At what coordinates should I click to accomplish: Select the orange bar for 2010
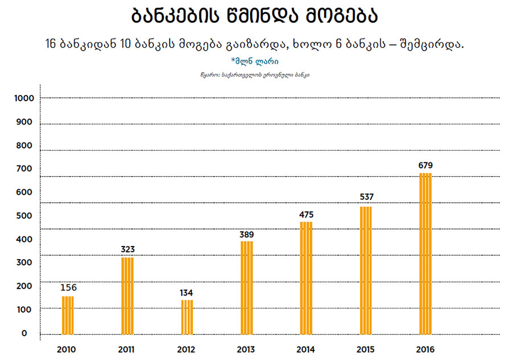coord(68,315)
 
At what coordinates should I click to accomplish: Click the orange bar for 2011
coord(127,296)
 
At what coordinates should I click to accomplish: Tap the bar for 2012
coord(187,317)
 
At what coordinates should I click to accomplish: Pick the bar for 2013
coord(247,288)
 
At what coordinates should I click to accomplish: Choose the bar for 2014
coord(306,278)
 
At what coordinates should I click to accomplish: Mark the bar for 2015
coord(366,270)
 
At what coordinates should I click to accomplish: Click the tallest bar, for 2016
coord(426,254)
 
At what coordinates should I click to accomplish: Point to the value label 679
coord(426,165)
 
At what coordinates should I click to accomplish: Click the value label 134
coord(187,293)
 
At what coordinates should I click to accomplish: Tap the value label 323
coord(127,249)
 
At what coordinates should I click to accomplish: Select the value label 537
coord(366,197)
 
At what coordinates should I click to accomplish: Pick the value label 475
coord(306,215)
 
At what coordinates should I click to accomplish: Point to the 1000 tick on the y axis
coord(24,98)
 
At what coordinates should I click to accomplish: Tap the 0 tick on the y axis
coord(24,333)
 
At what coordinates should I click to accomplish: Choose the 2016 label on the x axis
coord(426,349)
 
